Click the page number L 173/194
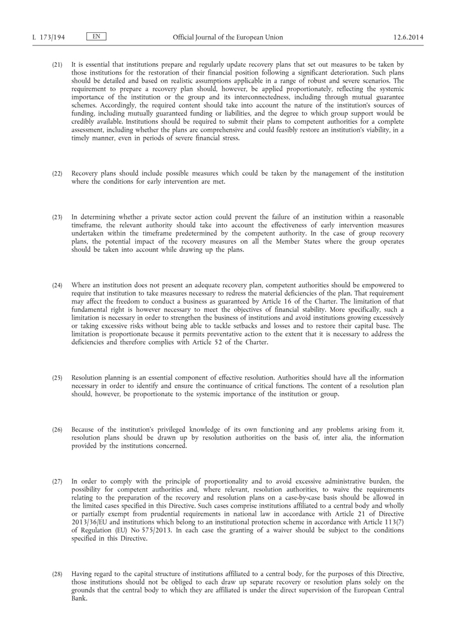(48, 38)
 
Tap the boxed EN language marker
(96, 37)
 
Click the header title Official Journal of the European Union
(227, 38)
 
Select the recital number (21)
(57, 64)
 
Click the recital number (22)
(57, 174)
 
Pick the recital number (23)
(57, 217)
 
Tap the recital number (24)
(57, 284)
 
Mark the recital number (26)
(57, 430)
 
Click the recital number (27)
(57, 481)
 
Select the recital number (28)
(57, 574)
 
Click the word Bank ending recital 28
(79, 597)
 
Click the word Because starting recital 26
(85, 430)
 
